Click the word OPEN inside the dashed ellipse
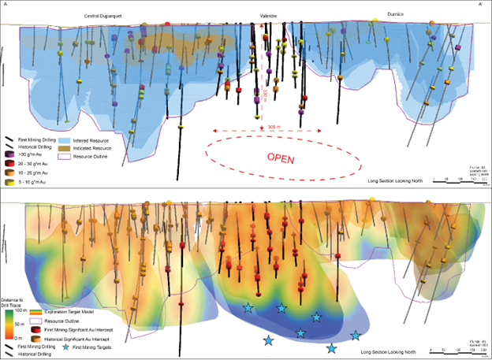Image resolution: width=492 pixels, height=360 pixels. click(280, 158)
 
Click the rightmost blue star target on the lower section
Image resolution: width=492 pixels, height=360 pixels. click(356, 335)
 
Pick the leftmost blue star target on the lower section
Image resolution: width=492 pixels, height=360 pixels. click(248, 308)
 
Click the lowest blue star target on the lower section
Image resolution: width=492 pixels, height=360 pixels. click(331, 347)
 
